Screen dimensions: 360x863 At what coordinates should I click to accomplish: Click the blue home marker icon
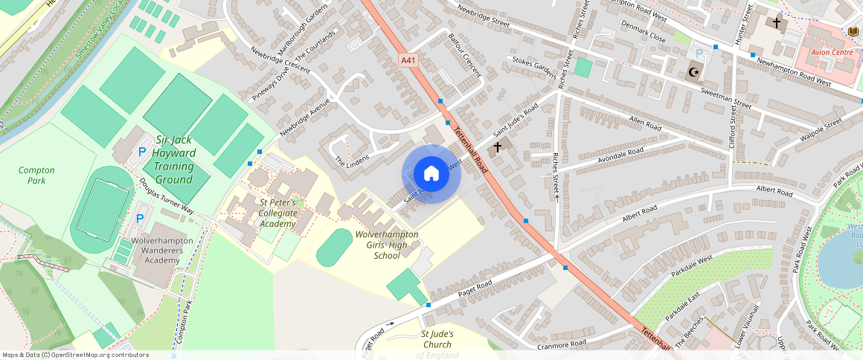(x=431, y=174)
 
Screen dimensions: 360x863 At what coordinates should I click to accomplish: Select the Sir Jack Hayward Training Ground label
(x=175, y=159)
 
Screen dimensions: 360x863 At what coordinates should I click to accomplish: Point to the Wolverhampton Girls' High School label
(x=387, y=245)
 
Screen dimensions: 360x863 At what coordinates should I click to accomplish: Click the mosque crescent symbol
(x=694, y=72)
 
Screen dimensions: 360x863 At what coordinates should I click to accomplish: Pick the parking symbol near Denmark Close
(x=698, y=53)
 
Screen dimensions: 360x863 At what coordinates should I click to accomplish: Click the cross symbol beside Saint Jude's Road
(x=497, y=147)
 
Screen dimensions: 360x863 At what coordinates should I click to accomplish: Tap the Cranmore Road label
(x=561, y=344)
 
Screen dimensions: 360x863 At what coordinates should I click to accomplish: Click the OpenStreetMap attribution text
(x=74, y=355)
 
